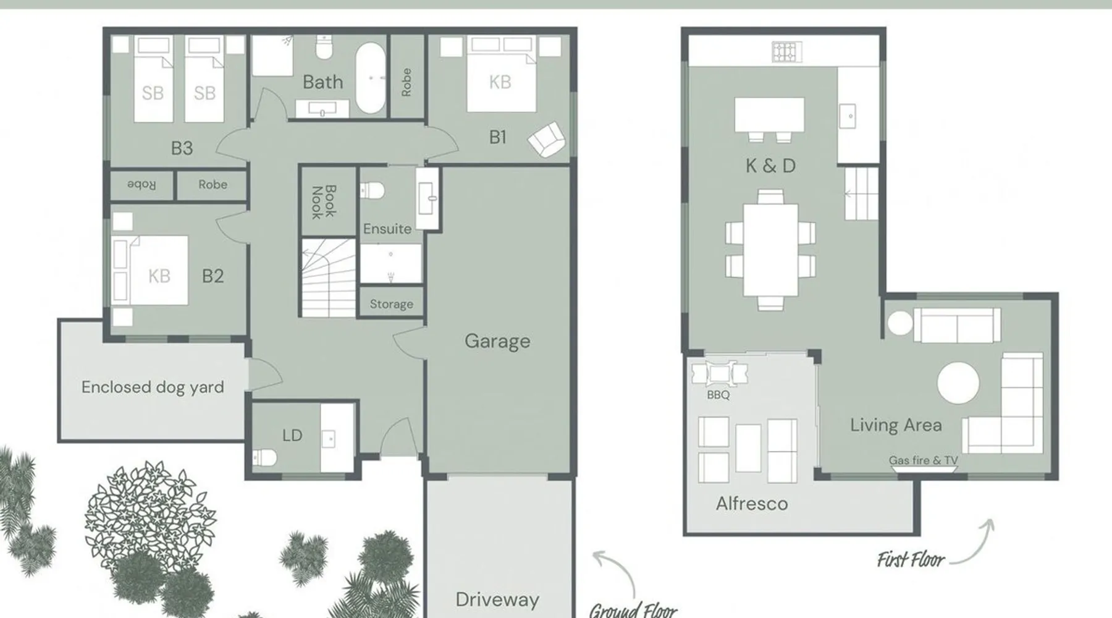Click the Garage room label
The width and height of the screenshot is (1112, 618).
click(x=497, y=341)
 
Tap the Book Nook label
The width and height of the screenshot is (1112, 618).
click(x=323, y=202)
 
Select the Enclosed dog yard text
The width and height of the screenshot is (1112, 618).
click(x=153, y=387)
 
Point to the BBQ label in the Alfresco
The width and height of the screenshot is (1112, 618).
click(x=718, y=395)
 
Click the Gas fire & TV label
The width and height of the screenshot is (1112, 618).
click(x=923, y=460)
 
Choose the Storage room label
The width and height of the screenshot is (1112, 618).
click(x=391, y=304)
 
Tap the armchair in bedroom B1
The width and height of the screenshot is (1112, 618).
click(x=546, y=140)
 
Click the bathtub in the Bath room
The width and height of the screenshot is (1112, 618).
click(x=370, y=78)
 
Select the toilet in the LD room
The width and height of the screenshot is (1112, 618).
click(x=265, y=457)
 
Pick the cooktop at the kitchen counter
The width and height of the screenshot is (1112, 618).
click(x=787, y=52)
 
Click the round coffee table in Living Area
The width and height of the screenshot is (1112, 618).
click(x=958, y=383)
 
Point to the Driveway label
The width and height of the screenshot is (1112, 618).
click(x=497, y=599)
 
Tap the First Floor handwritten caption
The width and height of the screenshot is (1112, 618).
click(x=911, y=560)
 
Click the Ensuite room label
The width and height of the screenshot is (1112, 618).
click(x=387, y=229)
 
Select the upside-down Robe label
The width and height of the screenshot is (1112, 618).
click(x=141, y=185)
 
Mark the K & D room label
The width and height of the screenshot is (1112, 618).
click(x=770, y=166)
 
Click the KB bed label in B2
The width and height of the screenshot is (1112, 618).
click(x=159, y=276)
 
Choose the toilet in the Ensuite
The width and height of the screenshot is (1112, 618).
click(x=372, y=190)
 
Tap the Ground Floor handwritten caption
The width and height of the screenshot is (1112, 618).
click(x=633, y=610)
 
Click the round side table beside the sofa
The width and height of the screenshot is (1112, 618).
click(x=899, y=323)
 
